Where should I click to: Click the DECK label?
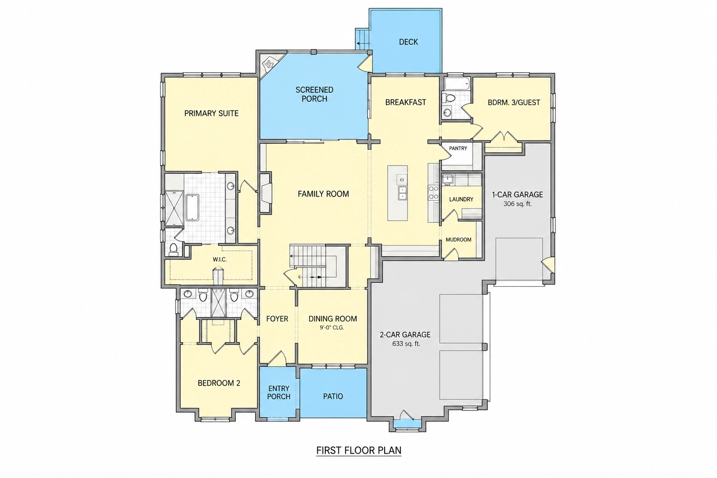(x=408, y=42)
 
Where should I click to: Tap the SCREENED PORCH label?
(x=314, y=94)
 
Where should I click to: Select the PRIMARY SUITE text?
(x=211, y=113)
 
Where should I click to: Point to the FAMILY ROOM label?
(x=323, y=194)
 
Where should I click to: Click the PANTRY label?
(x=458, y=148)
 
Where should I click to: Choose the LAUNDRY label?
(x=461, y=199)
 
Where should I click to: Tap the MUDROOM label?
(x=458, y=239)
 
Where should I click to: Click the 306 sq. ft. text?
(x=517, y=204)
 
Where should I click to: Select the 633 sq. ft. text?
(x=406, y=344)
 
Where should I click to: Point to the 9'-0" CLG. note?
(x=332, y=328)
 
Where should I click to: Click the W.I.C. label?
(x=219, y=260)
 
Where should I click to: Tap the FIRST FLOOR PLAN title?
(x=359, y=450)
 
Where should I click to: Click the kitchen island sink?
(x=402, y=193)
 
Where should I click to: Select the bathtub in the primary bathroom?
(x=192, y=207)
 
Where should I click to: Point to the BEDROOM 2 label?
(x=219, y=383)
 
